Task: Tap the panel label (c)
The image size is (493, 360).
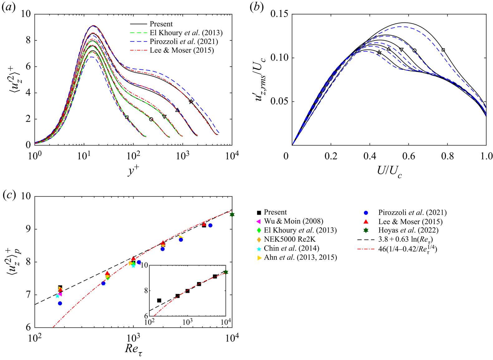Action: (8, 195)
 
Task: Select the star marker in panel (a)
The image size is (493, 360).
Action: (191, 102)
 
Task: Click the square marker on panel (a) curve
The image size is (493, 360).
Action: (127, 118)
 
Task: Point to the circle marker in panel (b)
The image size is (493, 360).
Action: (414, 50)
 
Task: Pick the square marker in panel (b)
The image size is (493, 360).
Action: (443, 50)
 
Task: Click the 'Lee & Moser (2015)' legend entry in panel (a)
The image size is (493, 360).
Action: (181, 50)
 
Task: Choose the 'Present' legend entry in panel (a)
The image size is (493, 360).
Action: (161, 24)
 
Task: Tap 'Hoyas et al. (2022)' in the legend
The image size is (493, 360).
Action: (408, 230)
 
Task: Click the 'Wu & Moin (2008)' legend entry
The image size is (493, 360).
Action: (293, 221)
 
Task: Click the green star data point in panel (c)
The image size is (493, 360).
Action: (232, 215)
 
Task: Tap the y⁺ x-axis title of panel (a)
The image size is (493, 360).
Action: (133, 171)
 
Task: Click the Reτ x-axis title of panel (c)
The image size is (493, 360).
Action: (134, 349)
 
